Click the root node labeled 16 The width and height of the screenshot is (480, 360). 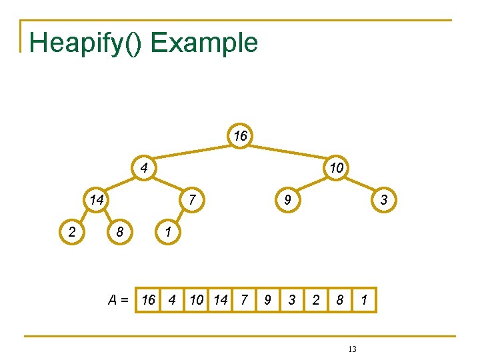(241, 136)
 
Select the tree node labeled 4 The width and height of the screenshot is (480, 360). (143, 167)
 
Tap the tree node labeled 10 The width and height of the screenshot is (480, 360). (337, 167)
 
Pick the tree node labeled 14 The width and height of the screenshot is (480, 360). (96, 199)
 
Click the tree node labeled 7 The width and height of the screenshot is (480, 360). (191, 199)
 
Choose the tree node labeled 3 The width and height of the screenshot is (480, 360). (384, 199)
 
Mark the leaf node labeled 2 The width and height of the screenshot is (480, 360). (71, 232)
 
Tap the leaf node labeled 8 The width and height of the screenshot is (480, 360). (120, 232)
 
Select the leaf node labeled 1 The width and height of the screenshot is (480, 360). (168, 232)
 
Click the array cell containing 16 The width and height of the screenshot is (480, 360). (149, 300)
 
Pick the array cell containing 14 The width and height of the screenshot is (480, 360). (221, 300)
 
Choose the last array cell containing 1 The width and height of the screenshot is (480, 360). (364, 300)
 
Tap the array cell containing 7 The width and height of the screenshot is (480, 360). (244, 300)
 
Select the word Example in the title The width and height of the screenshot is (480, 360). (204, 43)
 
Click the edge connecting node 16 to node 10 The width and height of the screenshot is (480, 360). (289, 152)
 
